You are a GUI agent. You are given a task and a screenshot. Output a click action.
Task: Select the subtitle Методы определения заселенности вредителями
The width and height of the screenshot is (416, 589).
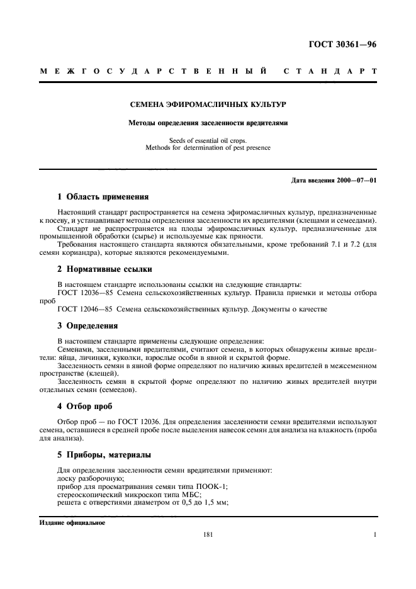208,123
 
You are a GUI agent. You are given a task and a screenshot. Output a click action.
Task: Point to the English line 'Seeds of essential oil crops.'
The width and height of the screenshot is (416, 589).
208,141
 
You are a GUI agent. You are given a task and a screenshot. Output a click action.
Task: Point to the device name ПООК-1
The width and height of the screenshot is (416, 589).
213,486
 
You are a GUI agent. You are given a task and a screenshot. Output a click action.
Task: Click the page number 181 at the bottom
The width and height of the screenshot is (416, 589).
208,536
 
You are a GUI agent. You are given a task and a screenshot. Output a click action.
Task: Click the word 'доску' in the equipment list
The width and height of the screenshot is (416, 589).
66,478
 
